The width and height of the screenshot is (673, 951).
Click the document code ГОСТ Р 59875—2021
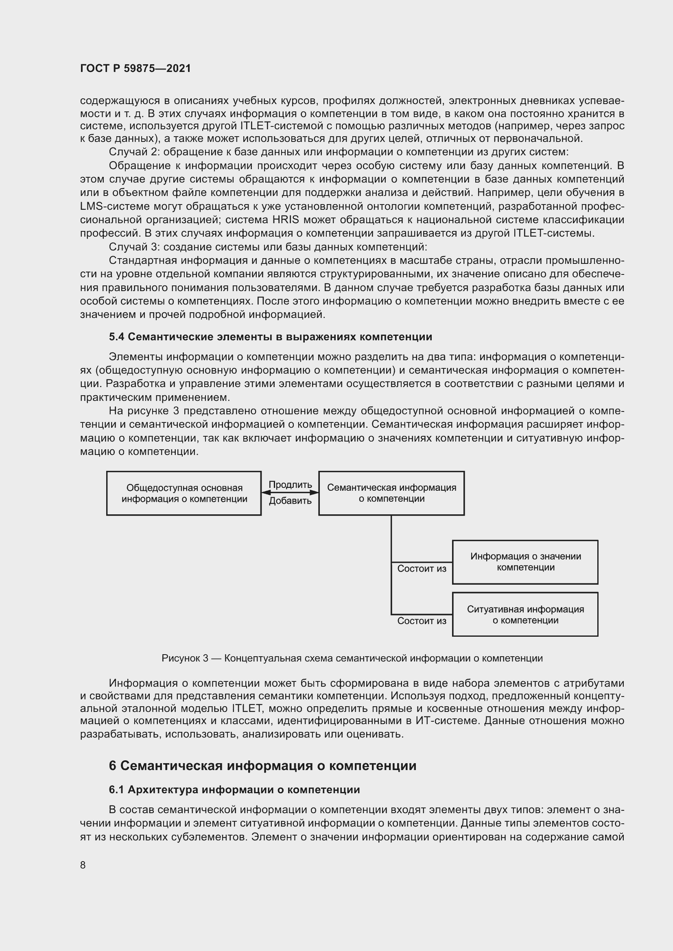tap(135, 69)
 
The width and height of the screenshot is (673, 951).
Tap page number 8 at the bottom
tap(83, 865)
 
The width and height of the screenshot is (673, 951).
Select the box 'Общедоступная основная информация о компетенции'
tap(184, 493)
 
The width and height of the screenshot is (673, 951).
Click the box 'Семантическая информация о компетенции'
tap(391, 493)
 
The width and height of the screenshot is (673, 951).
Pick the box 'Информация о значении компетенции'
tap(525, 562)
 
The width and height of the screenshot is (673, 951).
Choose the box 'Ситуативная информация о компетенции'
tap(525, 615)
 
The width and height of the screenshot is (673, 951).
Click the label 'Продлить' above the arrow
tap(290, 485)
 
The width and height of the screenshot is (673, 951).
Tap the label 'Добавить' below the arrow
tap(290, 501)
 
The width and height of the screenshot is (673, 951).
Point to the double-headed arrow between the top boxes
tap(290, 492)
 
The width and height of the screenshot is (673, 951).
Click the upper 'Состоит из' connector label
tap(422, 569)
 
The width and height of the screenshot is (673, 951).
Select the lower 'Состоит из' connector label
tap(422, 621)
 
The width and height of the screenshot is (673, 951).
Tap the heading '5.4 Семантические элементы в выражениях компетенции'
tap(270, 337)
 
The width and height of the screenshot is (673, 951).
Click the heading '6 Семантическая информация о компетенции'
tap(262, 766)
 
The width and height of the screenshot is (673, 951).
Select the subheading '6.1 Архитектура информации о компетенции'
tap(234, 790)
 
